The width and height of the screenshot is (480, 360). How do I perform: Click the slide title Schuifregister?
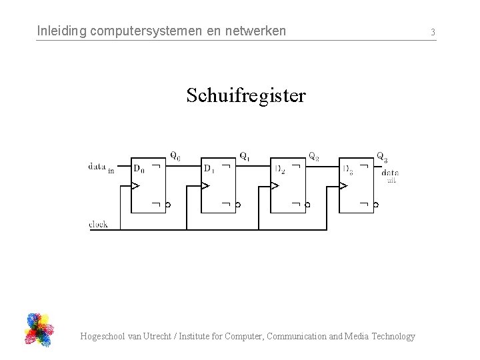tap(246, 95)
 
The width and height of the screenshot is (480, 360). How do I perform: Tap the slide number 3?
tap(433, 32)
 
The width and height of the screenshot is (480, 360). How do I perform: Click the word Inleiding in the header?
tap(59, 31)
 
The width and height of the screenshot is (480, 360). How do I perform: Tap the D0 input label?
tap(139, 167)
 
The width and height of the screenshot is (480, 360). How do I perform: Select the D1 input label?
tap(209, 167)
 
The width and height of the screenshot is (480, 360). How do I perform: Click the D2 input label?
tap(279, 168)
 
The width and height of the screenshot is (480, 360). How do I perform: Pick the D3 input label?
tap(347, 168)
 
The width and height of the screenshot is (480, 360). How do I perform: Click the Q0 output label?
tap(175, 157)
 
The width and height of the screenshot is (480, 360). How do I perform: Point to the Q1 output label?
tap(245, 157)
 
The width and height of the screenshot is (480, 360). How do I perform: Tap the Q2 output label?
tap(313, 157)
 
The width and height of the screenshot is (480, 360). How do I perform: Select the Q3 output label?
tap(382, 157)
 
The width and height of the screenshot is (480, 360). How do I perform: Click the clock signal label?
tap(98, 224)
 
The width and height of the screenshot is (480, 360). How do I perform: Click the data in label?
tap(101, 167)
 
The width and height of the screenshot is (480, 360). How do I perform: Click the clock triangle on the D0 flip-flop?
tap(135, 185)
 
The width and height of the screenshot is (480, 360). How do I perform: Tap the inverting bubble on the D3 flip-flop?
tap(376, 205)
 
